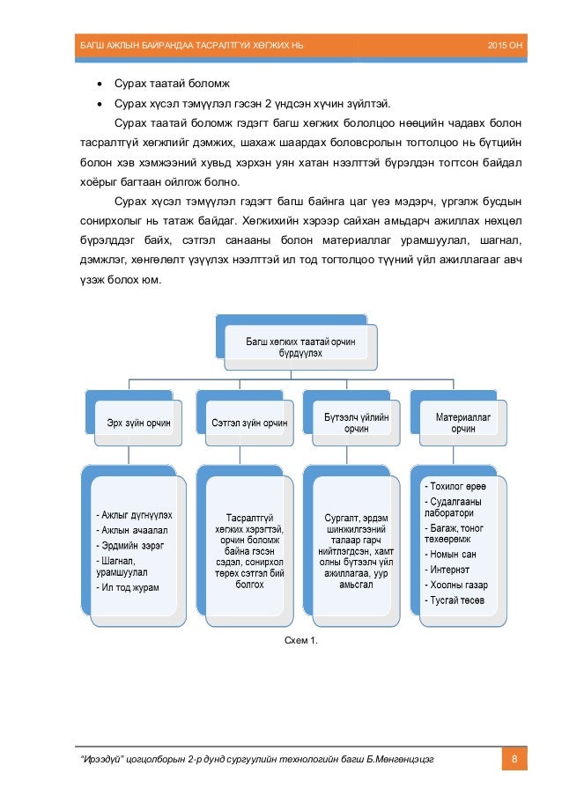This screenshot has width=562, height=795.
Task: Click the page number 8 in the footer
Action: click(512, 759)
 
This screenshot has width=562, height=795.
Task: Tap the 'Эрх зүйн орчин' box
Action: click(133, 423)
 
